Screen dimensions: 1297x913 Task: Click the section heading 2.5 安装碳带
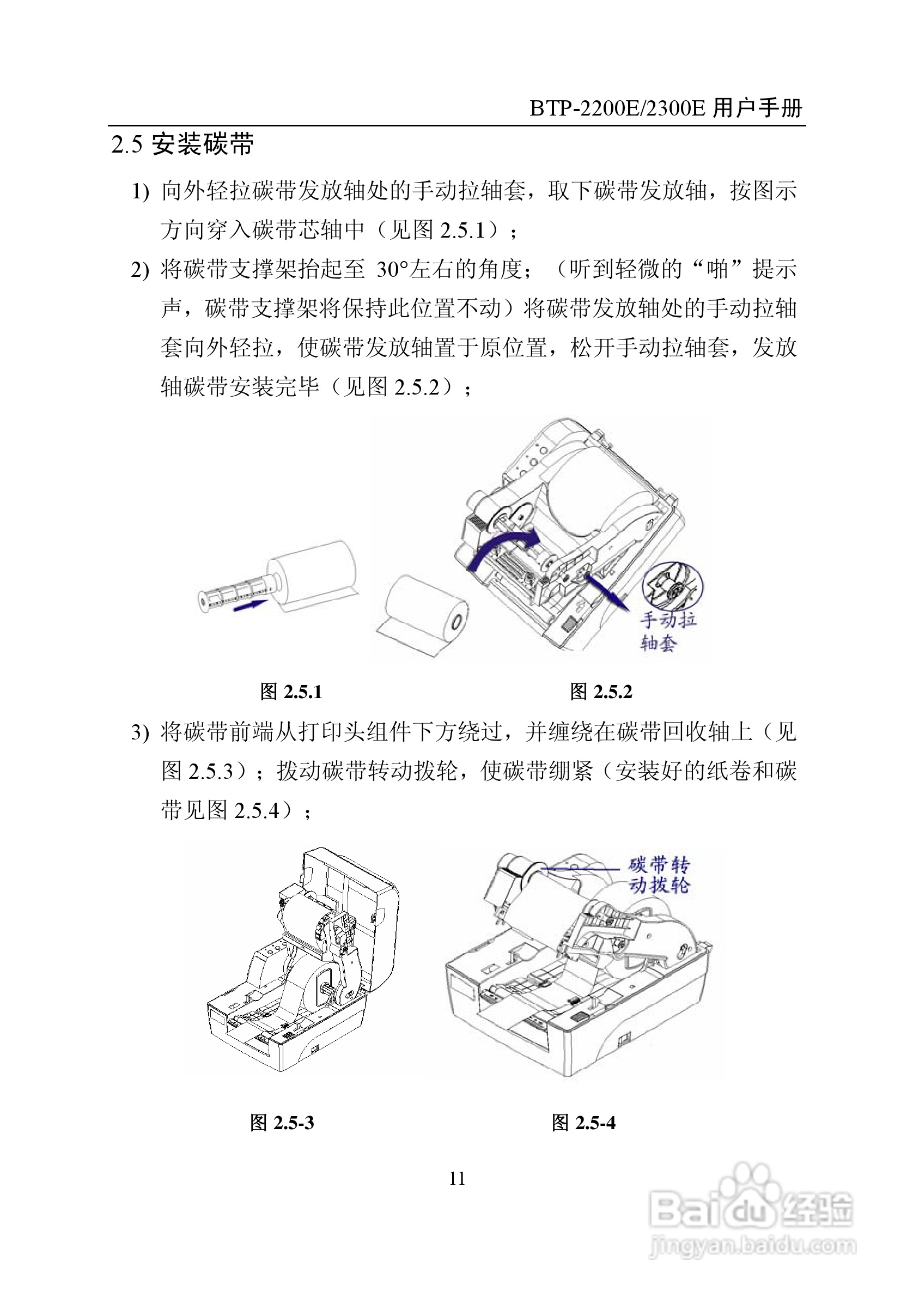coord(182,144)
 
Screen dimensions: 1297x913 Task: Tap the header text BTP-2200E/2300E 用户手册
coord(666,108)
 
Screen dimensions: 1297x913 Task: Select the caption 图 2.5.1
coord(291,692)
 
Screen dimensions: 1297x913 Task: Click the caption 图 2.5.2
coord(601,692)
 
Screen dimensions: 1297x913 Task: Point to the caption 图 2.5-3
coord(282,1123)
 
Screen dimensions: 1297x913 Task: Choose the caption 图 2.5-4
coord(583,1123)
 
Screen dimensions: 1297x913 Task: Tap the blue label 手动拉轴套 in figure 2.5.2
coord(667,632)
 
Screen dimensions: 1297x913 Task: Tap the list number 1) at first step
coord(139,192)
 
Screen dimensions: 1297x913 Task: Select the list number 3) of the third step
coord(139,733)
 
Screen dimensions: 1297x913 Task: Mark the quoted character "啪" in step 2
coord(717,269)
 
